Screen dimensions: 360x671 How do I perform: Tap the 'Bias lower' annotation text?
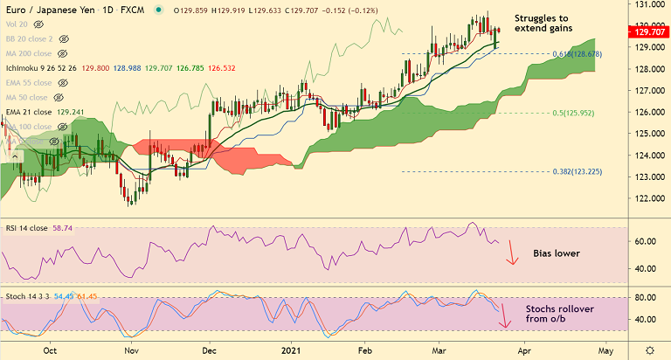[557, 253]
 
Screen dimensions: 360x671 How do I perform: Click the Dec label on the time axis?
[211, 349]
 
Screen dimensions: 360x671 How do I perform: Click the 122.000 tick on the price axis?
[647, 198]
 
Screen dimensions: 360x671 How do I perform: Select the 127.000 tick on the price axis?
[647, 91]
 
